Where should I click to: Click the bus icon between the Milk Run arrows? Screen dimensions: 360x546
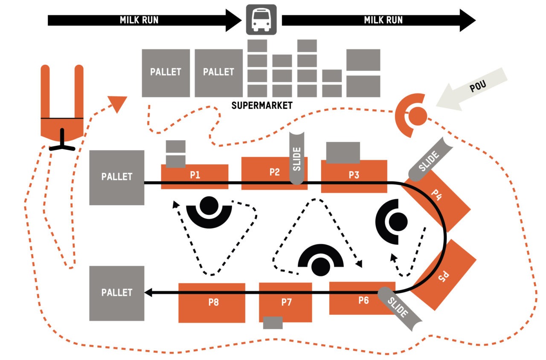coord(261,20)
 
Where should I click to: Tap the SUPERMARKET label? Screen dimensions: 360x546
coord(262,105)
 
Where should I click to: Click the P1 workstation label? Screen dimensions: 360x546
coord(195,174)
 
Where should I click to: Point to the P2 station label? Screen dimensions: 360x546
coord(275,172)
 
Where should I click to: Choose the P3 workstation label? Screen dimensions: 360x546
coord(354,174)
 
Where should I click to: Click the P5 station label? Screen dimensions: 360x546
coord(444,277)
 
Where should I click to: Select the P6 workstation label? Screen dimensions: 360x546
coord(363,300)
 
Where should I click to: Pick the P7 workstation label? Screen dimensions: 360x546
coord(286,302)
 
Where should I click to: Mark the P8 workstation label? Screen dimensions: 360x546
coord(214,302)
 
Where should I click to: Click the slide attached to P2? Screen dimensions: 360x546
coord(297,158)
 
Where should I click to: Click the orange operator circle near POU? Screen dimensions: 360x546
coord(418,116)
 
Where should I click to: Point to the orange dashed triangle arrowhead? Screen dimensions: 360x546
coord(117,104)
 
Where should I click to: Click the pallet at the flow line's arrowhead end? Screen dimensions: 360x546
coord(116,293)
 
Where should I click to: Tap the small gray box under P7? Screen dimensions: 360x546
coord(273,322)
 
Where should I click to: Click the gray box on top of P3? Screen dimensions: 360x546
coord(343,152)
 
